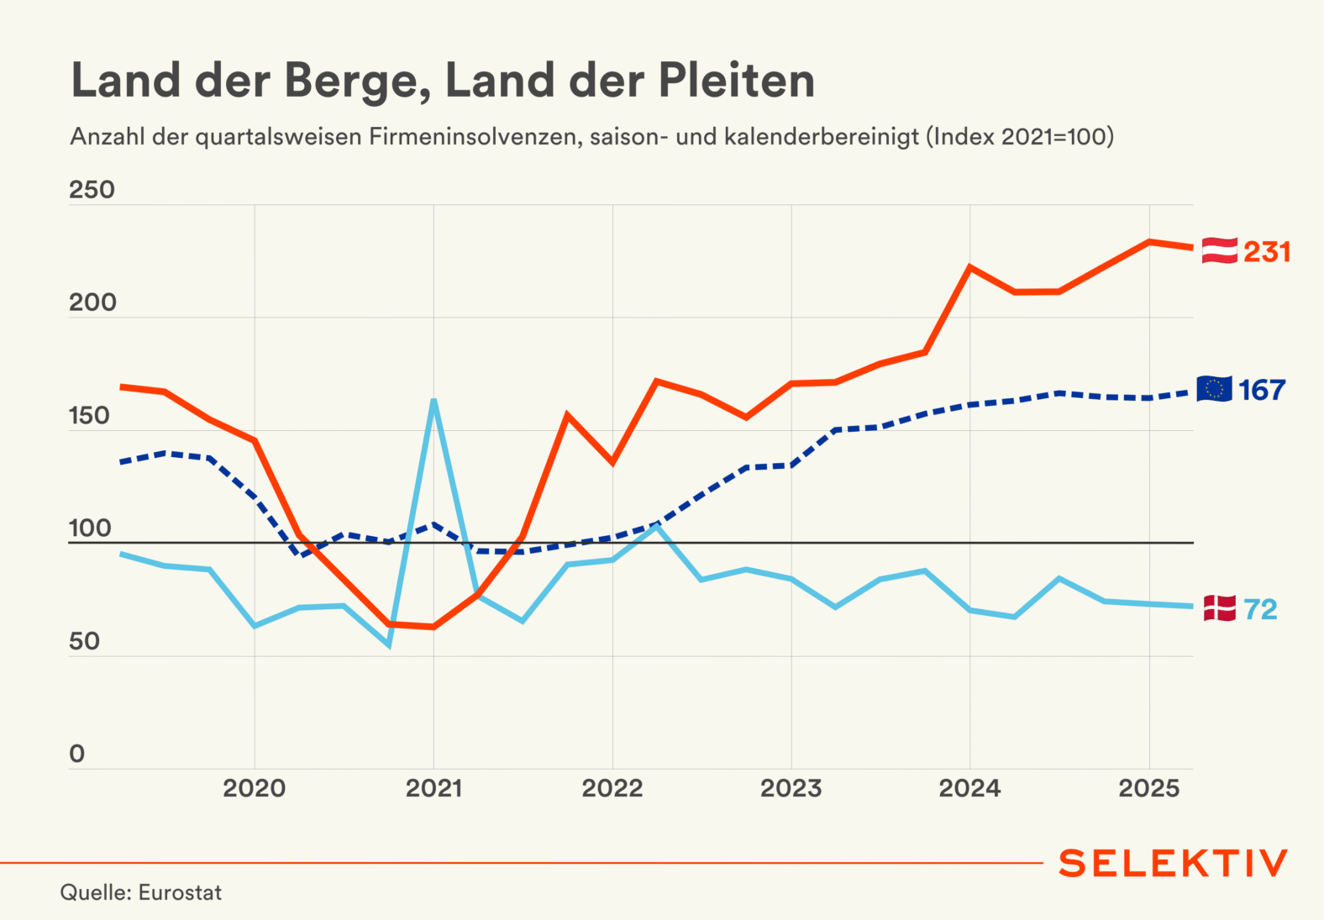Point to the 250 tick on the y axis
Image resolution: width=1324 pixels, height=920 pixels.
click(92, 190)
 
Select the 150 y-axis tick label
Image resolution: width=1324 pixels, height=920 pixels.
click(90, 416)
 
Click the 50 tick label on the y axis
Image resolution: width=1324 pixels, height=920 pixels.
click(85, 642)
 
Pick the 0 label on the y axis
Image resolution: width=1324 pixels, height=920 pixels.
click(77, 754)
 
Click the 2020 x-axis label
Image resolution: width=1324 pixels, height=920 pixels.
click(254, 789)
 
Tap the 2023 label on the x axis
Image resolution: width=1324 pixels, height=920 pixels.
click(791, 789)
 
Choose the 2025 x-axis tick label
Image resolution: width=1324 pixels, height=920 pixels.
click(1148, 789)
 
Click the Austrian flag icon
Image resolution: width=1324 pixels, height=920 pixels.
click(1219, 250)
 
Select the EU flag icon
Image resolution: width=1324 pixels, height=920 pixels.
click(1214, 389)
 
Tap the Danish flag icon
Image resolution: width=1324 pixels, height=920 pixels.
click(1219, 608)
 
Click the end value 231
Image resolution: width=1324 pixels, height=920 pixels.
click(1267, 252)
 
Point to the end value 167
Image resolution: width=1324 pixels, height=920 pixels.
click(1262, 391)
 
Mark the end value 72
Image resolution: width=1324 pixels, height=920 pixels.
click(1260, 610)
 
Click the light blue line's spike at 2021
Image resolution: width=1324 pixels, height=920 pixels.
click(433, 401)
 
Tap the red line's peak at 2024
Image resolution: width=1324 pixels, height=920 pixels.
click(969, 267)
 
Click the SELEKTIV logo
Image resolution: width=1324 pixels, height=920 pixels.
click(1173, 864)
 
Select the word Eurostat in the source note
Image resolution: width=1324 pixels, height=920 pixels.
click(180, 892)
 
